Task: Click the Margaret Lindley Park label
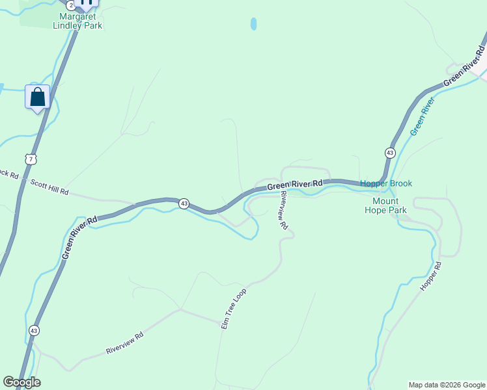[x=81, y=21]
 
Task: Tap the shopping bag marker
[x=38, y=97]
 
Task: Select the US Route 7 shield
[x=31, y=159]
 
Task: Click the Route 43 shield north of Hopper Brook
[x=389, y=153]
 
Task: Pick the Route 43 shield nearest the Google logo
[x=34, y=330]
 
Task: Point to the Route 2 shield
[x=70, y=5]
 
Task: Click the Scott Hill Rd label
[x=49, y=188]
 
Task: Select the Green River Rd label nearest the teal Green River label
[x=464, y=66]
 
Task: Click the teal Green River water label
[x=422, y=117]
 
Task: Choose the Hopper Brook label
[x=386, y=184]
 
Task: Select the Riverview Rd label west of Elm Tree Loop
[x=124, y=344]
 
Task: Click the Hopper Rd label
[x=431, y=276]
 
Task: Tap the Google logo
[x=21, y=382]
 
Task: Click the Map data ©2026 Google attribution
[x=446, y=385]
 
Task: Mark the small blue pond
[x=253, y=24]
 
